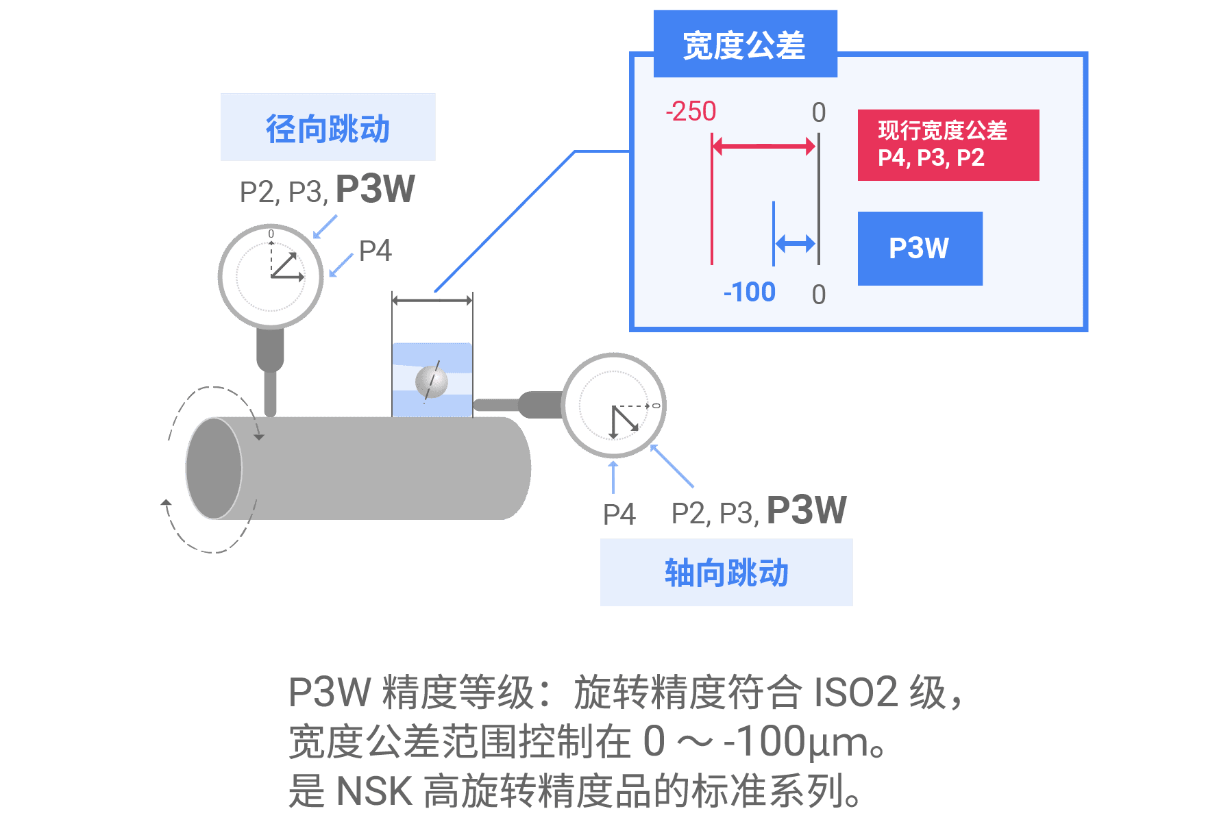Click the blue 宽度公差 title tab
tap(745, 44)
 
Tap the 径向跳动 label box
tap(328, 127)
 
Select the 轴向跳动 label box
tap(726, 572)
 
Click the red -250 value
tap(691, 111)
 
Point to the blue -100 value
tap(749, 292)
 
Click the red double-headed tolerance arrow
tap(763, 145)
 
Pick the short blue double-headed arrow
tap(795, 243)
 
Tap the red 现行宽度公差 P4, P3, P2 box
tap(948, 145)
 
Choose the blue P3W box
tap(920, 248)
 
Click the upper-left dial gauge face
tap(271, 276)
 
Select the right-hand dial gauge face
tap(614, 406)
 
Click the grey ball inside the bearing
tap(432, 381)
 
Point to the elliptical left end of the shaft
tap(214, 469)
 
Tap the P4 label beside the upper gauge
tap(375, 251)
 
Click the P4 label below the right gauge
tap(619, 514)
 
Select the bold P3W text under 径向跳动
tap(376, 190)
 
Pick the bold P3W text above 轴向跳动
tap(807, 510)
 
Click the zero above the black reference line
tap(819, 112)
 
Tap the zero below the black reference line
tap(819, 295)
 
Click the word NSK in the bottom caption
tap(374, 791)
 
